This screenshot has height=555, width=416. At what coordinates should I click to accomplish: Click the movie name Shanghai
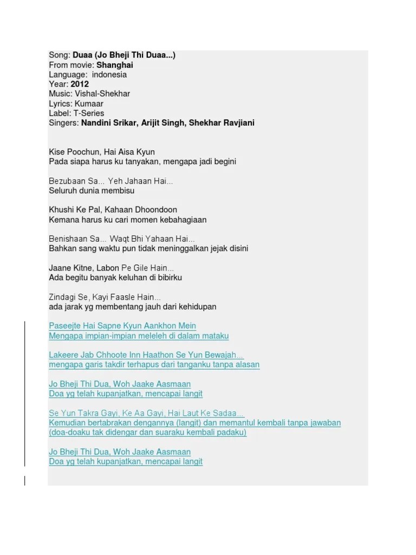(115, 65)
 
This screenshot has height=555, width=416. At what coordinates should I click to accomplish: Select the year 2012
(80, 85)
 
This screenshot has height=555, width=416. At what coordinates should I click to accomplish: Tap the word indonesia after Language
(109, 75)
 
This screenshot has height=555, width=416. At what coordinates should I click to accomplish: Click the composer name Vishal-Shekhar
(103, 94)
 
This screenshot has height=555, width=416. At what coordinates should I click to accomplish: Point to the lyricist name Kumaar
(89, 104)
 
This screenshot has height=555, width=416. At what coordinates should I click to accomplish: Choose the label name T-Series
(87, 113)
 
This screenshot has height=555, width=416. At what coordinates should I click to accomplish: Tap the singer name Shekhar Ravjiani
(222, 123)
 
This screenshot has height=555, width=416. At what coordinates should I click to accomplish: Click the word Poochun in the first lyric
(83, 152)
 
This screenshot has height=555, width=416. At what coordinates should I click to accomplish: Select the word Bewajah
(224, 355)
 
